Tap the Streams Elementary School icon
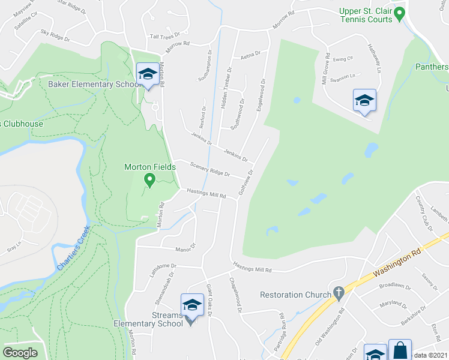pyautogui.click(x=192, y=305)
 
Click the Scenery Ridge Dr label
pyautogui.click(x=209, y=169)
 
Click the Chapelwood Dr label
pyautogui.click(x=235, y=294)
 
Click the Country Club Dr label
pyautogui.click(x=427, y=217)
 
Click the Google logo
pyautogui.click(x=20, y=353)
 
